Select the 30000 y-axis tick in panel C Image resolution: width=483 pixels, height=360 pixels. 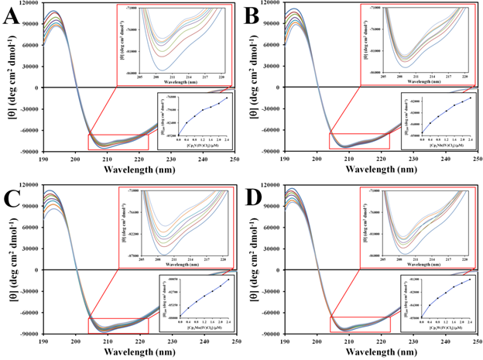pyautogui.click(x=31, y=242)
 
